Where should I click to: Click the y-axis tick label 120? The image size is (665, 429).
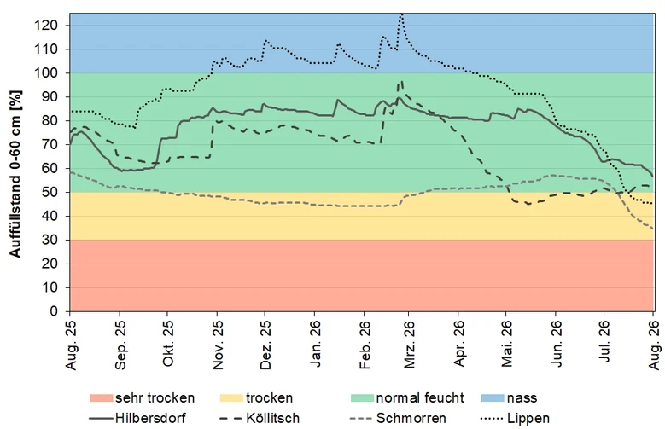click(x=47, y=26)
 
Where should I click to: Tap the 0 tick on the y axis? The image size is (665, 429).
click(x=54, y=311)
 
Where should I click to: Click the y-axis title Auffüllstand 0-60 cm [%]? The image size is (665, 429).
click(x=15, y=174)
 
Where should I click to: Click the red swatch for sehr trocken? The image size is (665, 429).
click(x=102, y=398)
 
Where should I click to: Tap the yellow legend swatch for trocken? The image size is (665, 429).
click(x=231, y=398)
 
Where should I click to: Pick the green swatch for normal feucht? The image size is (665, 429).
click(x=362, y=398)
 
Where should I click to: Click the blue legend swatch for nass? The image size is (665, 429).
click(x=493, y=398)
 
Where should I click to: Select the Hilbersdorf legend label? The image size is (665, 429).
click(x=150, y=419)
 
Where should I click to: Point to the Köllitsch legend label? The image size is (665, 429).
click(x=272, y=419)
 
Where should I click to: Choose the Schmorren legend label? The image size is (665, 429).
click(x=411, y=419)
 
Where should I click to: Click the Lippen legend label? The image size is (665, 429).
click(x=528, y=419)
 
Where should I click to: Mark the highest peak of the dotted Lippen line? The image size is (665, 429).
click(x=400, y=14)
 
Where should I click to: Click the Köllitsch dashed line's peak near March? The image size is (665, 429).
click(x=401, y=80)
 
